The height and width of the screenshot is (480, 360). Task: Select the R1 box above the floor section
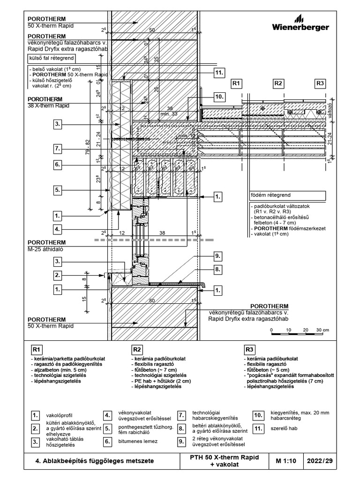pos(236,83)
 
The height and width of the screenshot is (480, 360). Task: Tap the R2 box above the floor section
pos(278,83)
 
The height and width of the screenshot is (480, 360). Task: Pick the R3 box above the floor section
pos(320,83)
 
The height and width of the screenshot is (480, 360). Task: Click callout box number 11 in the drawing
pos(218,73)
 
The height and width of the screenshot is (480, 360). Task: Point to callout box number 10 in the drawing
pos(218,97)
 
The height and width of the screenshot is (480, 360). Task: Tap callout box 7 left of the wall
pos(58,149)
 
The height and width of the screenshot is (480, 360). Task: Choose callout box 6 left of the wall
pos(58,165)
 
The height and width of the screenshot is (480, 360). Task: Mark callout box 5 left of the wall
pos(58,191)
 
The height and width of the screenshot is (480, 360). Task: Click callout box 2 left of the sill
pos(58,275)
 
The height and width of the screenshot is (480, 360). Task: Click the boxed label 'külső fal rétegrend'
pos(51,59)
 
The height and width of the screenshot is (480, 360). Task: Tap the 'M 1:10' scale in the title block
pos(285,461)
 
